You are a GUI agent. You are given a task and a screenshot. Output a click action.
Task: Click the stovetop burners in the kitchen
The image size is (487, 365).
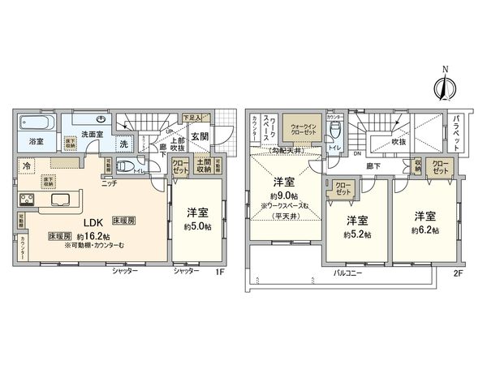[26, 200]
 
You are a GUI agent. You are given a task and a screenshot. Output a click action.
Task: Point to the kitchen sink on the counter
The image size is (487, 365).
[61, 200]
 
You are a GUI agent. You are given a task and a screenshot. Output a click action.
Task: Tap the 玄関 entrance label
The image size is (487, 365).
[200, 136]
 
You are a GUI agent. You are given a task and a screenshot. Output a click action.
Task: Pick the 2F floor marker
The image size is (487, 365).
[458, 273]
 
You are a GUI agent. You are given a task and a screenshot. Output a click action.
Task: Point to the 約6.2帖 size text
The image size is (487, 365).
[426, 230]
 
